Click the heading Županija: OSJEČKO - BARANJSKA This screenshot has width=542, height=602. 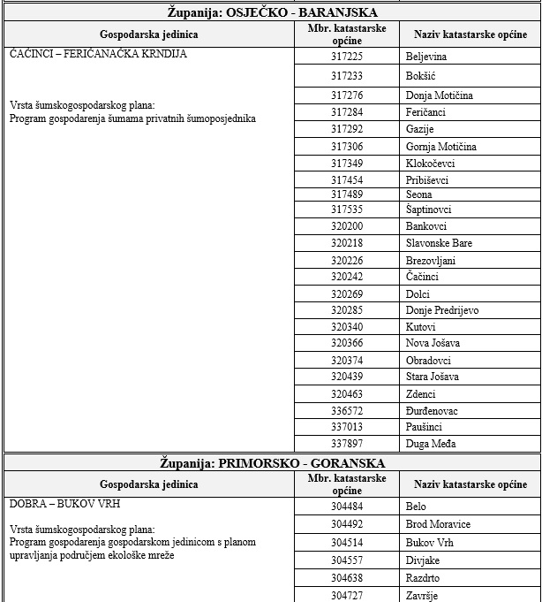[271, 12]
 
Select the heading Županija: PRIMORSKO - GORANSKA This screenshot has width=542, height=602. [271, 462]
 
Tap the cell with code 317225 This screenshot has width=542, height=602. [347, 57]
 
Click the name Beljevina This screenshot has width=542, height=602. [426, 57]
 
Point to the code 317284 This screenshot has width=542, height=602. [347, 112]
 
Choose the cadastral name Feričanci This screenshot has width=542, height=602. [425, 112]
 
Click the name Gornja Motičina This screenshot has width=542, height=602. [440, 146]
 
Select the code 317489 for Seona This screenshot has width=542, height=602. [347, 194]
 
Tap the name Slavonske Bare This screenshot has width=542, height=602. [439, 243]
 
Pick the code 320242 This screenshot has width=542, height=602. [347, 277]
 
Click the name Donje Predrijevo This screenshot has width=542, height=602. [442, 310]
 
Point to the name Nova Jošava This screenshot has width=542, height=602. [433, 343]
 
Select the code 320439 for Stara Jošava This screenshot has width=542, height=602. [347, 377]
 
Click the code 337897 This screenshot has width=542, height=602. [347, 444]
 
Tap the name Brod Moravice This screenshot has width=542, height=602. [438, 524]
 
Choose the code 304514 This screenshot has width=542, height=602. [347, 542]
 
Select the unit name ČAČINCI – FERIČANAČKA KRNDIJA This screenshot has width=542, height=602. [98, 53]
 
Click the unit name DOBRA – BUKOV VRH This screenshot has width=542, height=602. [64, 504]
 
